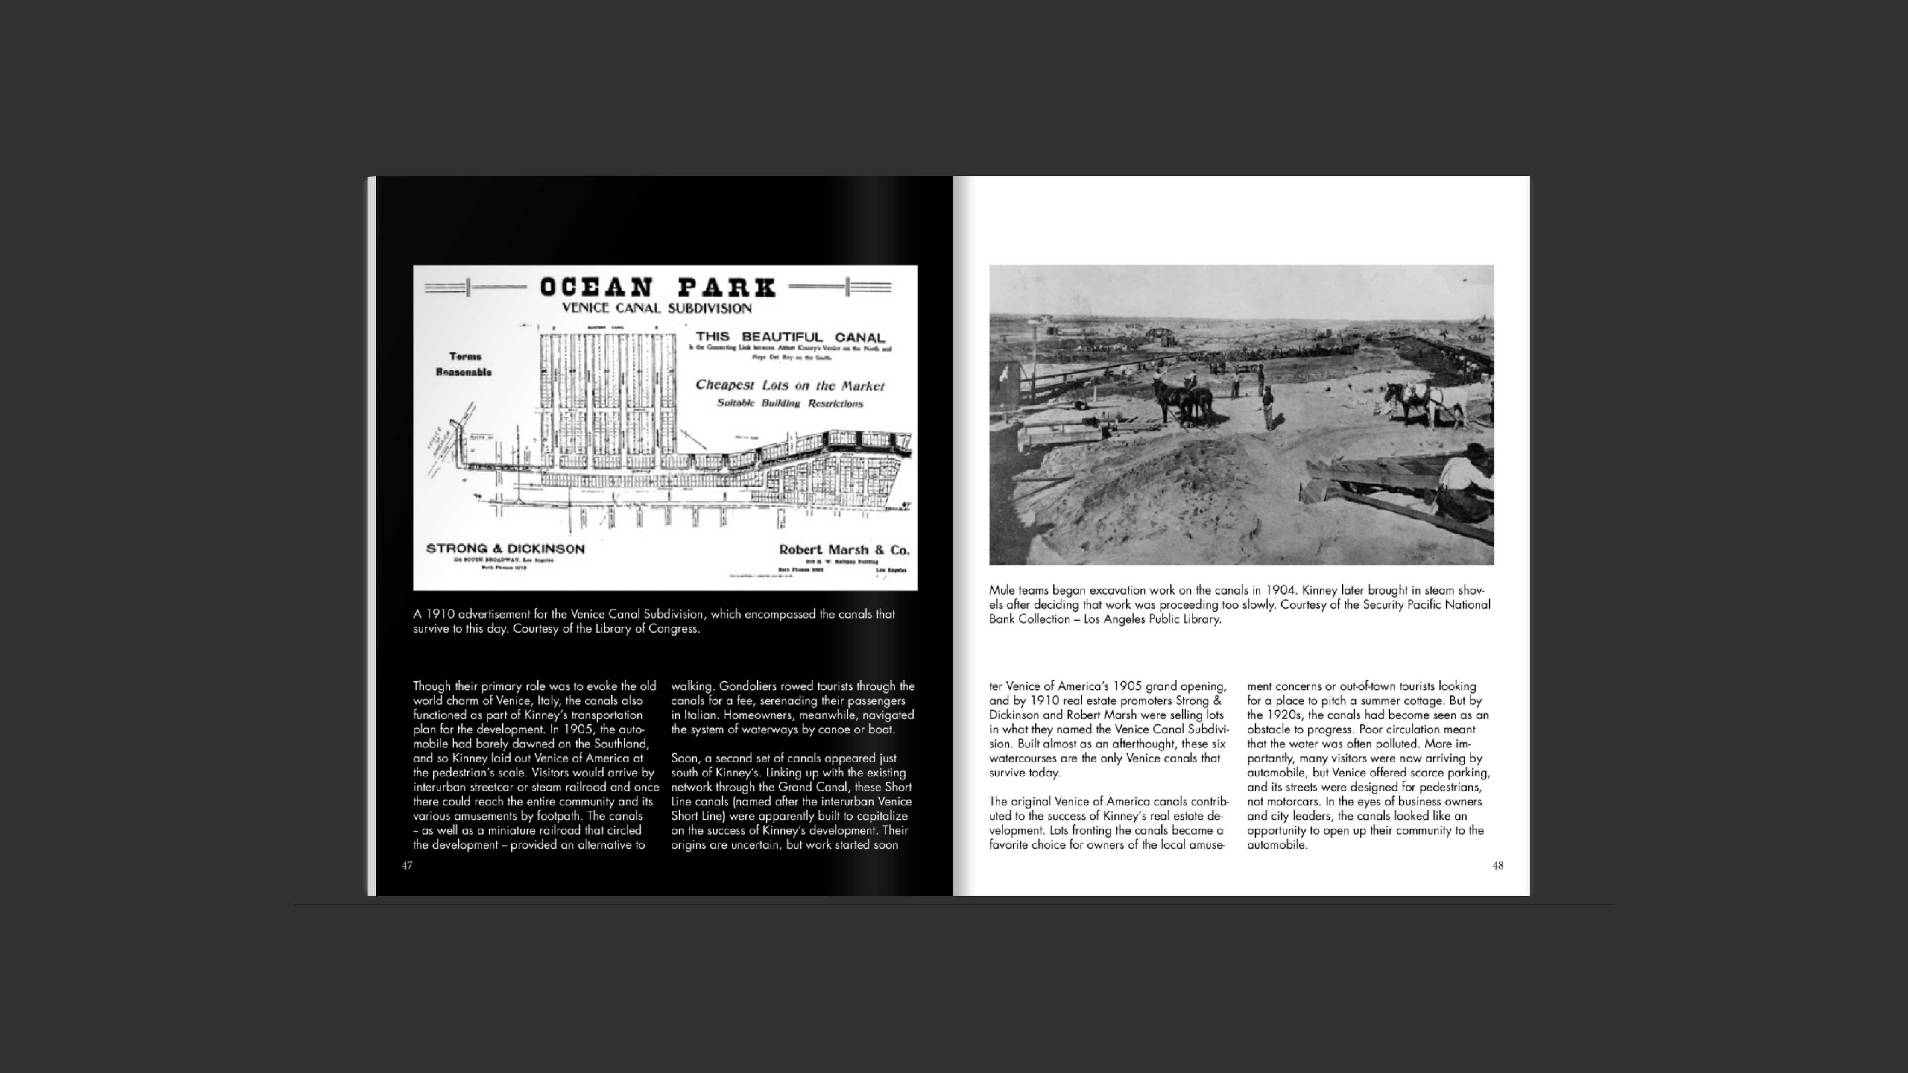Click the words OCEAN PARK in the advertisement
pos(657,287)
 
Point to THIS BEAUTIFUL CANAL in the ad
pos(790,337)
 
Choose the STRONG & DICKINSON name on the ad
pos(505,549)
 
